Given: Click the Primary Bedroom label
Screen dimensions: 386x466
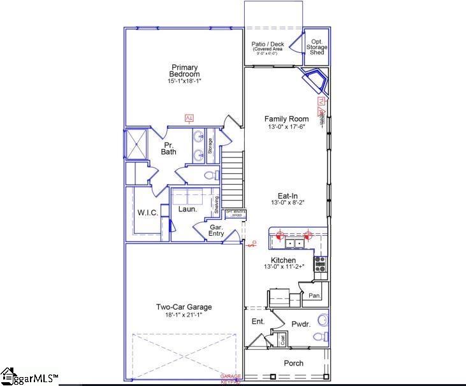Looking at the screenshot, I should click(184, 71).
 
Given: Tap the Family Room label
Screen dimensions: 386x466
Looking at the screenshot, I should click(287, 119).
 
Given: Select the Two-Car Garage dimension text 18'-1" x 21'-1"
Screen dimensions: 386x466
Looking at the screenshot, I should click(184, 315).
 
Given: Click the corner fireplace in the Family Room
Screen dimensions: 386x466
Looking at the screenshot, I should click(316, 82).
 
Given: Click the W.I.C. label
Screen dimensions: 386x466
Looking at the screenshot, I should click(147, 212).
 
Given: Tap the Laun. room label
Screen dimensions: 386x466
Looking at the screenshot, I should click(187, 209).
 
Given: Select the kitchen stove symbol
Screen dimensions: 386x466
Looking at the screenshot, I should click(320, 264).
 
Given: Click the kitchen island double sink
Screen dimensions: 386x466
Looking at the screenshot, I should click(294, 243).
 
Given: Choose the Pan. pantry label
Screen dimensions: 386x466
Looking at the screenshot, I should click(314, 296).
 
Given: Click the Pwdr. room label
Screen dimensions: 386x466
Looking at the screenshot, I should click(301, 324).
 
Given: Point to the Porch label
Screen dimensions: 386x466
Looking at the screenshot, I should click(293, 364).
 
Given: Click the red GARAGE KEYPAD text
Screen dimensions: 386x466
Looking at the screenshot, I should click(231, 379).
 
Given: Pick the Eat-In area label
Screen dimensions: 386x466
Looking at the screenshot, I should click(286, 197).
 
